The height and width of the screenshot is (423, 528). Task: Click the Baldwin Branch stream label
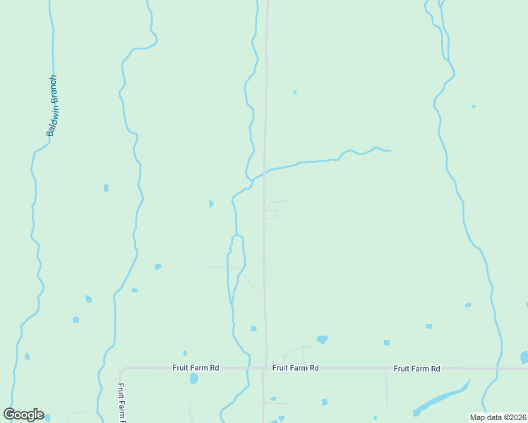51,106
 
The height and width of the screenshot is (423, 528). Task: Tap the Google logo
23,415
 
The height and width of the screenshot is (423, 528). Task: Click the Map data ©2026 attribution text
498,417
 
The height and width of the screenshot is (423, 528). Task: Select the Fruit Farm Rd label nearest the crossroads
296,368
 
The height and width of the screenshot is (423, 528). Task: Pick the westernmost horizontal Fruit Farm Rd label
196,368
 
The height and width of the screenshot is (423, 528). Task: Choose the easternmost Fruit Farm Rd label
416,369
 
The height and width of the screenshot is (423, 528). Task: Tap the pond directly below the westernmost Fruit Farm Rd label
194,379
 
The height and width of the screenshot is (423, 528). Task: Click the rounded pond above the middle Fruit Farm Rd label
323,339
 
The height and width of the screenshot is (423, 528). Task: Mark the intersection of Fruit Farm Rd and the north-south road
265,368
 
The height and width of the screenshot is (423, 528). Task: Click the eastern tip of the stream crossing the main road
390,151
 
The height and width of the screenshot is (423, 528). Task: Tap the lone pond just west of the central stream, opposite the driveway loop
211,204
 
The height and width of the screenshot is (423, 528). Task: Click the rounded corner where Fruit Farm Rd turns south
123,370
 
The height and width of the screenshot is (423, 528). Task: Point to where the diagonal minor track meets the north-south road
264,297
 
